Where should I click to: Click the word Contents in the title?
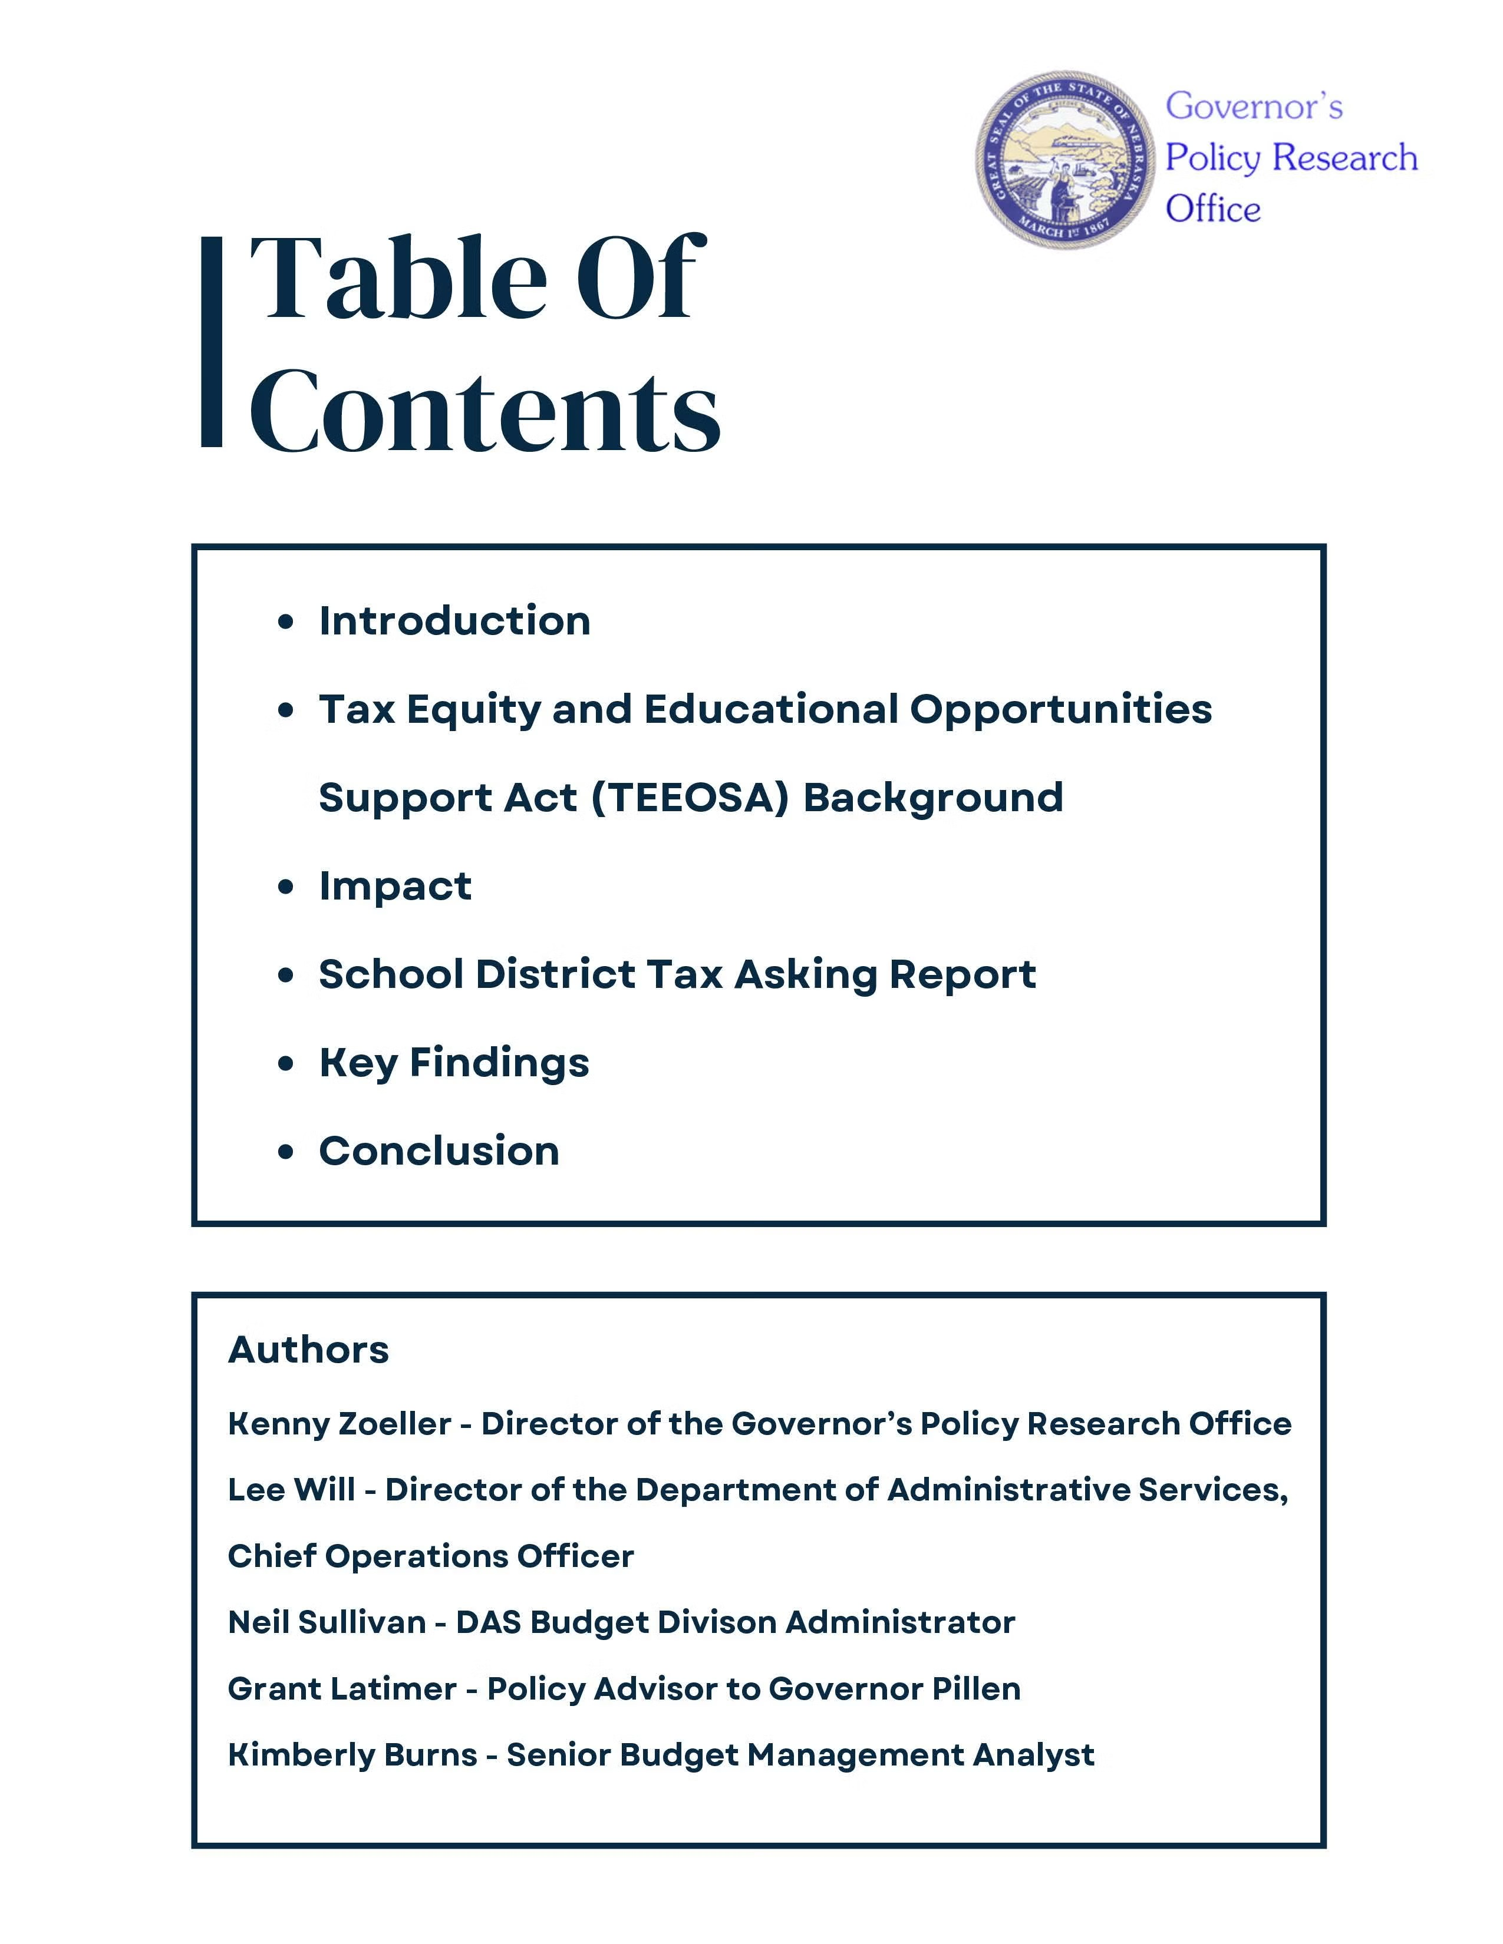[x=484, y=411]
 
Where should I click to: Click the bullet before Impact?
[x=285, y=887]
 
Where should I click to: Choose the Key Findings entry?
[x=454, y=1063]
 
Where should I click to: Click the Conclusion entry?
[x=439, y=1151]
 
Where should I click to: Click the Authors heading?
[x=309, y=1350]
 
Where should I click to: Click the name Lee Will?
[x=291, y=1490]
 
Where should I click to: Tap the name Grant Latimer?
[x=342, y=1688]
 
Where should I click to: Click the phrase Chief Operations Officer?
[x=431, y=1556]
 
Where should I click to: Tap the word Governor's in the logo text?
[x=1254, y=106]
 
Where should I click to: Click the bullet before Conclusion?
[x=285, y=1152]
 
